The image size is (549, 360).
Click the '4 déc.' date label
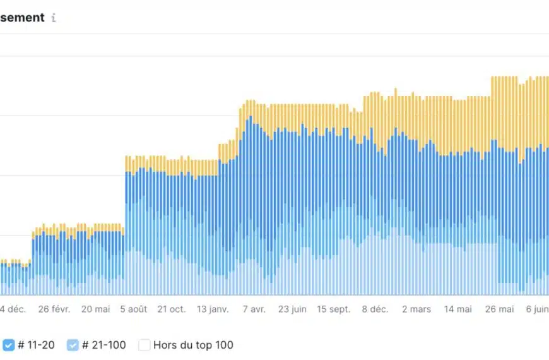coord(13,309)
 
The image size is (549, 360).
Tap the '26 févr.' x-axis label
coord(54,309)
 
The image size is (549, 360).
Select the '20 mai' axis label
coord(95,309)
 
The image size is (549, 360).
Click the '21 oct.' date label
coord(171,309)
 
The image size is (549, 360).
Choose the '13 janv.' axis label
coord(212,309)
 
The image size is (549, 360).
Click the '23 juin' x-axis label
coord(292,309)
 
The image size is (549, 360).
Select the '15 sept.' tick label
coord(333,309)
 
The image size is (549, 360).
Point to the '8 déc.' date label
coord(375,309)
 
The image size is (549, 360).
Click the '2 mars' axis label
coord(416,309)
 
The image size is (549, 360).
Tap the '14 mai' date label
coord(458,309)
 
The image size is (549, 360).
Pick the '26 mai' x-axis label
coord(499,309)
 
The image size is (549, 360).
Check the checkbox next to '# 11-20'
coord(8,345)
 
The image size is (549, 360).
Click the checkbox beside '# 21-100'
coord(73,345)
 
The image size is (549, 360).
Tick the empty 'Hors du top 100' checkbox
coord(145,345)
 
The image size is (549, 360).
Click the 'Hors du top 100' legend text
coord(193,345)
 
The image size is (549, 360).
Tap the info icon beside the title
coord(54,18)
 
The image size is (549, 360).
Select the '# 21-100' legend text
coord(104,345)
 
